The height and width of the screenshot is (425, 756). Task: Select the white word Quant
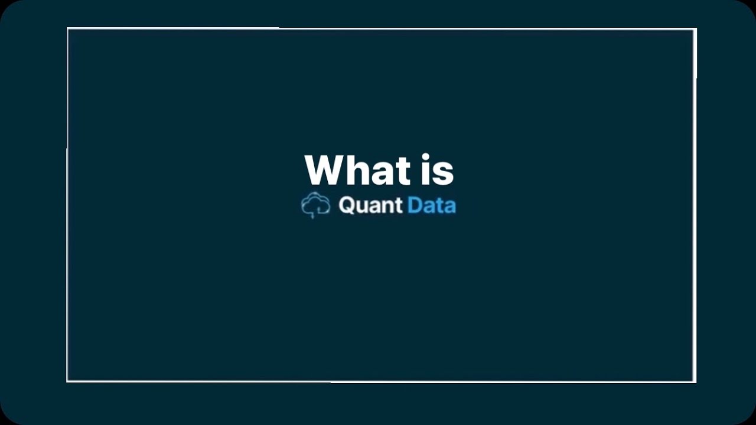(370, 205)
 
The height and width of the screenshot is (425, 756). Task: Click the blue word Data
(432, 205)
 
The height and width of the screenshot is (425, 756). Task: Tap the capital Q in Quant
(346, 205)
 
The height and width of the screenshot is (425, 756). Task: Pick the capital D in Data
(415, 205)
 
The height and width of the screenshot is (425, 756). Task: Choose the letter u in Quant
(361, 207)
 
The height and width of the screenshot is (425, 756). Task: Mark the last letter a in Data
(449, 207)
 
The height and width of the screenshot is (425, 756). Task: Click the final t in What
(403, 171)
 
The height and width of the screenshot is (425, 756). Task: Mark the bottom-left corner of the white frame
(67, 381)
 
